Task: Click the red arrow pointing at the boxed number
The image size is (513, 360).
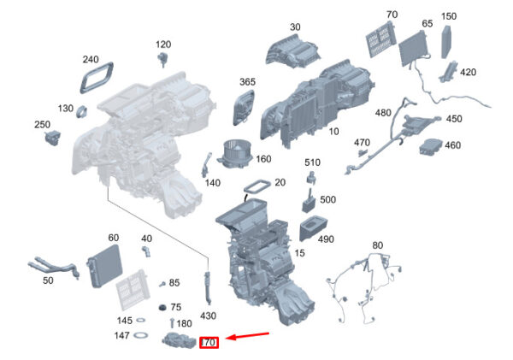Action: click(x=248, y=336)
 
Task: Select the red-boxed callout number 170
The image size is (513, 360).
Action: click(x=209, y=343)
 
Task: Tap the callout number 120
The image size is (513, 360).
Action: click(x=163, y=44)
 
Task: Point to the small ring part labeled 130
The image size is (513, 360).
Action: click(x=81, y=111)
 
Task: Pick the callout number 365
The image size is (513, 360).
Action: click(x=247, y=82)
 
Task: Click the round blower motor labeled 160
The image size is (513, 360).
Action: click(x=234, y=154)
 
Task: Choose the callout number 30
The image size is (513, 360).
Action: click(x=295, y=27)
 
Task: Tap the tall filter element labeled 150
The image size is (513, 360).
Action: click(x=446, y=42)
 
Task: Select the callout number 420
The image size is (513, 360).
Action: click(x=468, y=73)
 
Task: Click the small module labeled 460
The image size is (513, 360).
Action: click(x=431, y=147)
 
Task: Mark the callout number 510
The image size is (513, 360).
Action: click(x=312, y=162)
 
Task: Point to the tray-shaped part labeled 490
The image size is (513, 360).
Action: click(x=313, y=228)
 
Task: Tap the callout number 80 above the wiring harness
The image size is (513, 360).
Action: click(x=377, y=245)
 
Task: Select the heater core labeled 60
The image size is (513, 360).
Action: click(x=104, y=266)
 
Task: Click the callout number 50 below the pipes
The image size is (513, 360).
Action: click(x=48, y=280)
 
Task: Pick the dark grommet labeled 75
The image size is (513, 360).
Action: click(x=162, y=307)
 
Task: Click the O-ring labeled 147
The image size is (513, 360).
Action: click(x=141, y=335)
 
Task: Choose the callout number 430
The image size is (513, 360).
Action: click(x=208, y=316)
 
